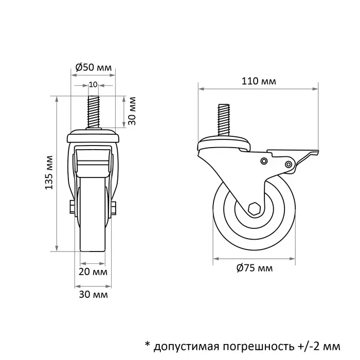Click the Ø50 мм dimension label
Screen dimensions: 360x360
click(93, 67)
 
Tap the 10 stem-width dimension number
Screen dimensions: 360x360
click(93, 84)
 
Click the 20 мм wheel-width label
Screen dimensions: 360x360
click(93, 271)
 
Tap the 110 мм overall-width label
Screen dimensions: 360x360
click(257, 81)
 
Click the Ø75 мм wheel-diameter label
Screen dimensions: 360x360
click(255, 268)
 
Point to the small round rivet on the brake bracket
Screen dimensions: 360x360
click(264, 161)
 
